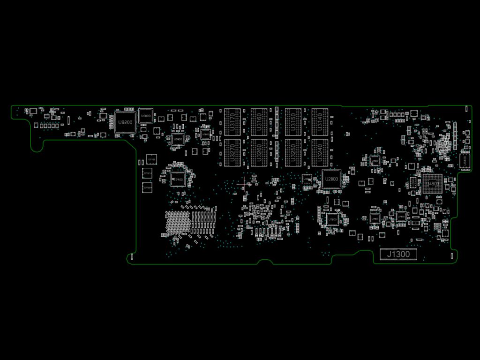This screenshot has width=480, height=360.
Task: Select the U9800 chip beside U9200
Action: [x=146, y=116]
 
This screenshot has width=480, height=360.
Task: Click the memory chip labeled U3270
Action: [x=232, y=153]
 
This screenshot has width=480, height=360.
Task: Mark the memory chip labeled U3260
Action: [x=259, y=153]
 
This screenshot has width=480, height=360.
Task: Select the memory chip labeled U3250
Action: [x=293, y=153]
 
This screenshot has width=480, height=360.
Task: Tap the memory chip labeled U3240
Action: [x=320, y=153]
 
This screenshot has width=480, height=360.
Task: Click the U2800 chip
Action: [x=332, y=180]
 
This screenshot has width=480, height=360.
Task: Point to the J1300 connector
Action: [x=398, y=255]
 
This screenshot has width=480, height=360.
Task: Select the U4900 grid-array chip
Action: [x=432, y=184]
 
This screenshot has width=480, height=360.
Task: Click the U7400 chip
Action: [x=177, y=179]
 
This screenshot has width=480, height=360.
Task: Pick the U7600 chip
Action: [x=178, y=139]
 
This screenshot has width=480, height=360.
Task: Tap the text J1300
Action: [x=398, y=255]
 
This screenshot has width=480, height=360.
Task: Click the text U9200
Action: [x=125, y=122]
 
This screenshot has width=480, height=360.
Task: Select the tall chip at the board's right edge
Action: [x=464, y=160]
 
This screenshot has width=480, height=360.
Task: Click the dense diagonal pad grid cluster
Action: [x=178, y=222]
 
